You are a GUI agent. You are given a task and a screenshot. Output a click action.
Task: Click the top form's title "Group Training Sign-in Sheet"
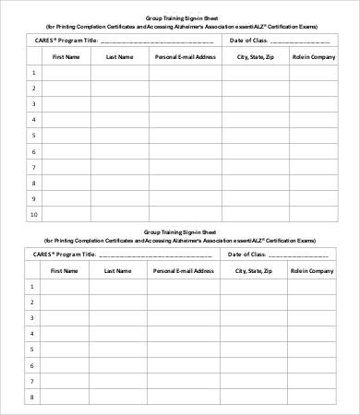pos(179,18)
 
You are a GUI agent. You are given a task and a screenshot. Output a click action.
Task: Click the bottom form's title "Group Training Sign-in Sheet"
pos(179,232)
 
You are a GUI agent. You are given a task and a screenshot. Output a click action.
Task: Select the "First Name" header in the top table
pos(66,56)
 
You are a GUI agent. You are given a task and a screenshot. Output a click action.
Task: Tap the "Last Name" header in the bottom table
pos(117,271)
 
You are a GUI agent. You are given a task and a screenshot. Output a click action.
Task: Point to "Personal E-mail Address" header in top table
pos(185,56)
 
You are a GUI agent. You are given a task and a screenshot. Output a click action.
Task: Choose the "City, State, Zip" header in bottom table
pos(253,271)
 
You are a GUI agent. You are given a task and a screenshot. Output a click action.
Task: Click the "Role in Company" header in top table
pos(311,56)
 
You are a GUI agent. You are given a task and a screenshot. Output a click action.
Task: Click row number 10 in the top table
pos(33,214)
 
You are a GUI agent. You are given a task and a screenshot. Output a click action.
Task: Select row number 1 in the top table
pos(33,72)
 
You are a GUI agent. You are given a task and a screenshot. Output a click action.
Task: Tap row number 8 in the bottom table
pos(33,397)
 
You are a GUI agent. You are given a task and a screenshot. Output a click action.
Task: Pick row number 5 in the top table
pos(33,135)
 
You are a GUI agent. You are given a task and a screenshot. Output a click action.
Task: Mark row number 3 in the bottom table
pos(33,318)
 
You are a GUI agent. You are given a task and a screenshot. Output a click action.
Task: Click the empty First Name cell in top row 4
pos(66,119)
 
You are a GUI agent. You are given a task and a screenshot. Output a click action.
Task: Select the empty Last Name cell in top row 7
pos(119,166)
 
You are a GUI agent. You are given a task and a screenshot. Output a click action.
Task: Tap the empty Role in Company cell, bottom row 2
pos(311,302)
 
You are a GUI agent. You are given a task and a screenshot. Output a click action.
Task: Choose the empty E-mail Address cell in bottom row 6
pos(185,366)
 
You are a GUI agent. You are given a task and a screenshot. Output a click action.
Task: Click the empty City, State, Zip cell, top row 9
pos(254,197)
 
